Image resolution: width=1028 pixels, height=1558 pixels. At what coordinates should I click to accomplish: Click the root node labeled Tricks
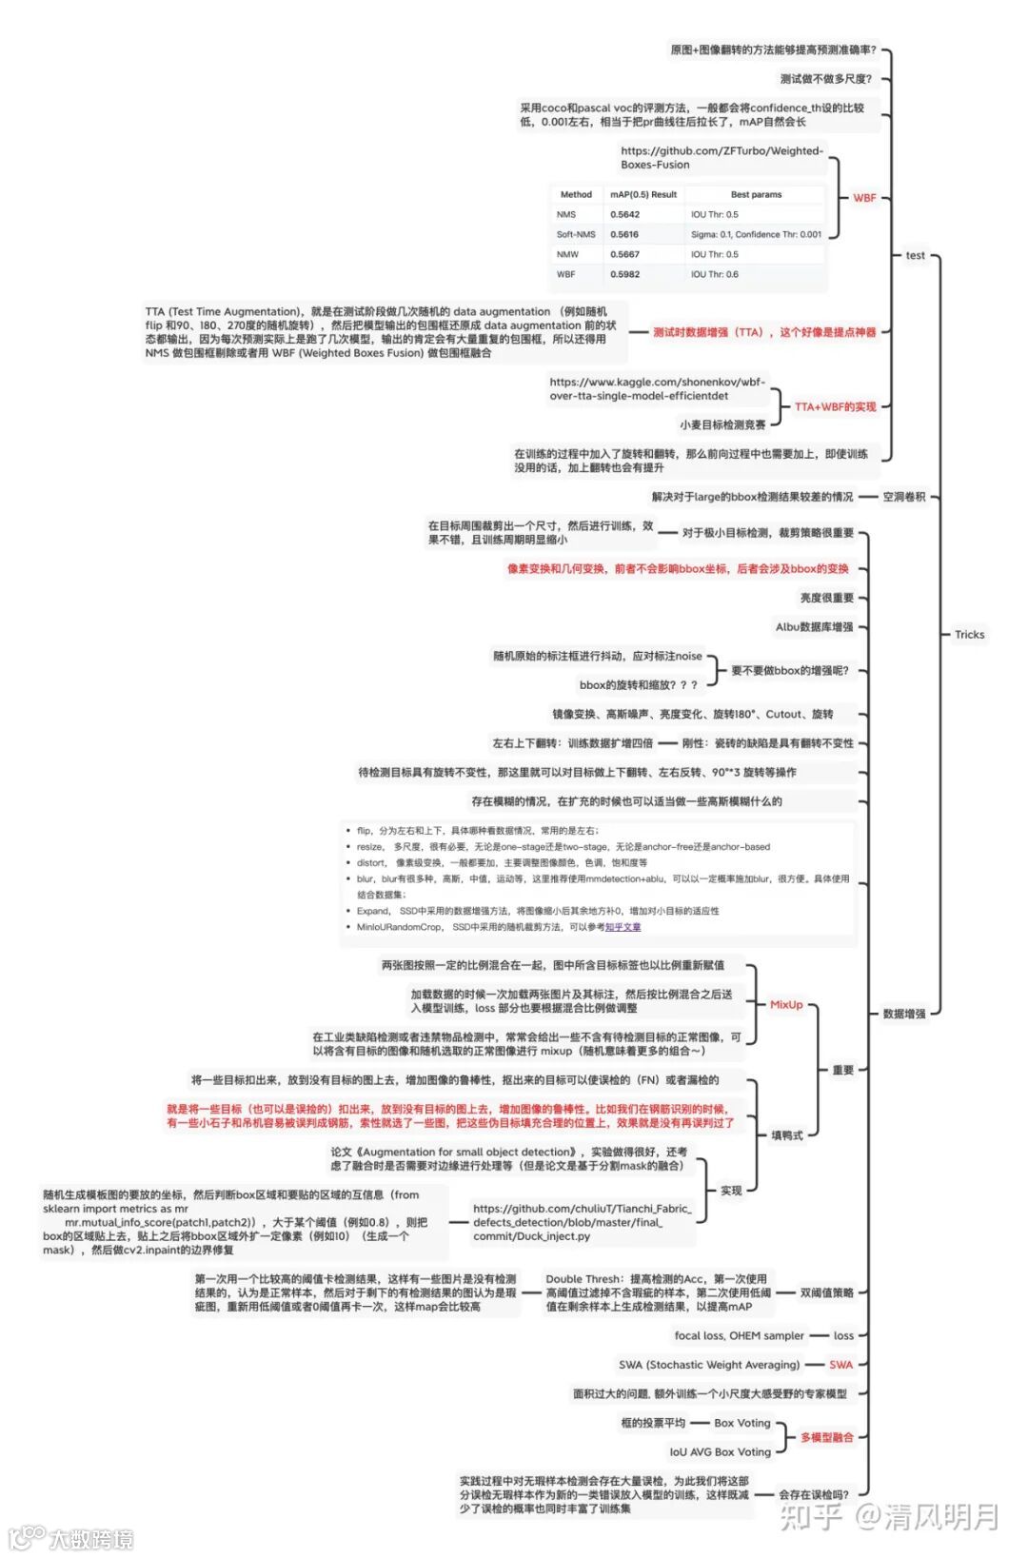point(969,635)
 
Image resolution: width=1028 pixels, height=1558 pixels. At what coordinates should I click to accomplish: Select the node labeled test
point(915,255)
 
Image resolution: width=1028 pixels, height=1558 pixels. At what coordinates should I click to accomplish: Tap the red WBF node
point(864,198)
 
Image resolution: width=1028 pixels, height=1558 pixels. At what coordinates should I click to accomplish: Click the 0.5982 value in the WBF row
point(624,274)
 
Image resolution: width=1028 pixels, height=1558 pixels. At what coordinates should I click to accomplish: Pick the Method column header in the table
point(576,194)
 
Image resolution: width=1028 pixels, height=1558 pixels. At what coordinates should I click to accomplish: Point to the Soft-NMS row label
point(576,234)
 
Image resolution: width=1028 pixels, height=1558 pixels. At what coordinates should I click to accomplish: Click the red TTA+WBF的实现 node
point(835,406)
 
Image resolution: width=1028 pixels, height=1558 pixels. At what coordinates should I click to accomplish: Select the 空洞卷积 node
point(903,497)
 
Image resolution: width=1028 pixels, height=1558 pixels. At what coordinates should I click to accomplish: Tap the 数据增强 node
point(903,1014)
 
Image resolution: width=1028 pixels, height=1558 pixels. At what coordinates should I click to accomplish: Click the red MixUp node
point(786,1004)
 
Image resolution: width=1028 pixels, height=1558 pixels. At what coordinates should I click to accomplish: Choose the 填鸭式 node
point(786,1135)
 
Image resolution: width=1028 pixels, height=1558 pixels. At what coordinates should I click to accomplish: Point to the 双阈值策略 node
point(826,1292)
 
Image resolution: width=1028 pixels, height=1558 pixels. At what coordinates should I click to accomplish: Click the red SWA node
point(840,1365)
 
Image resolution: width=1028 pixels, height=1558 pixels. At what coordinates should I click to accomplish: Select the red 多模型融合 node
point(826,1437)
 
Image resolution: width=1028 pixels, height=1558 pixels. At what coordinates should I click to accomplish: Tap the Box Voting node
point(742,1423)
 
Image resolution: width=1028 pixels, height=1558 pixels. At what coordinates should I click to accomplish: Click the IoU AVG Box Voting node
point(720,1452)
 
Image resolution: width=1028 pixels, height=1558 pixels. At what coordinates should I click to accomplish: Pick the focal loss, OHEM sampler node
point(739,1335)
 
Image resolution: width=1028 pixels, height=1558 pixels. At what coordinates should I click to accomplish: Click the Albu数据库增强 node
point(814,627)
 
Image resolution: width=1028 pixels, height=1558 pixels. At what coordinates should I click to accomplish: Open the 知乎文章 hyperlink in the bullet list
point(623,927)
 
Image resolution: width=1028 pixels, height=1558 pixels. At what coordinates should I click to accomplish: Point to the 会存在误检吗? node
point(813,1494)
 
